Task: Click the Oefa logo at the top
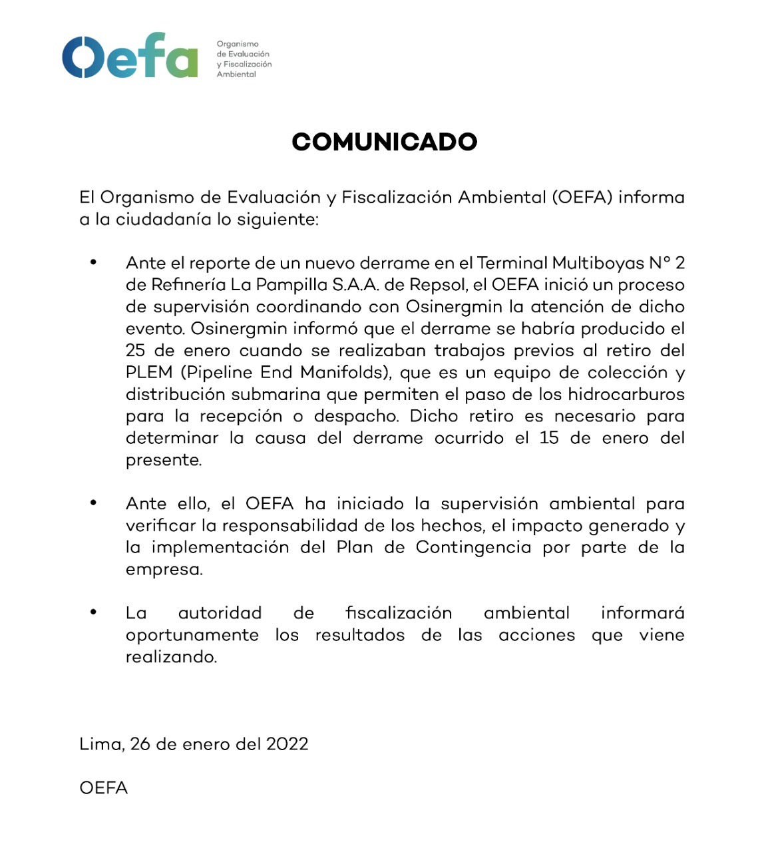130,56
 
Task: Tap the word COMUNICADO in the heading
385,142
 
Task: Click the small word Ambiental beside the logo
236,75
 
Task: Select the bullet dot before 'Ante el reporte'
94,262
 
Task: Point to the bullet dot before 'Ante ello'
94,503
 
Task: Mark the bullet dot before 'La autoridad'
94,612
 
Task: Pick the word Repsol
438,285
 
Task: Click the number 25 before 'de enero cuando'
135,351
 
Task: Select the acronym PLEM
149,373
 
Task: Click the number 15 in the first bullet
549,438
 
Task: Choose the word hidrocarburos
626,395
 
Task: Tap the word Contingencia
473,548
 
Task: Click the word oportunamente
192,635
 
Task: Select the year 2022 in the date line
287,744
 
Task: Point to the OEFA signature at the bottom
103,787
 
